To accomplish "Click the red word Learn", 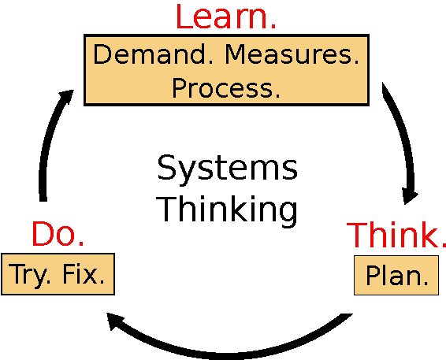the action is (x=226, y=17).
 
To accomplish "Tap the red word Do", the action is (x=58, y=234).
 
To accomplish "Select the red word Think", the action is (x=396, y=235).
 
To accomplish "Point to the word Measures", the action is (x=292, y=54).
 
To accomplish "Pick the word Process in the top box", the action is (x=226, y=88).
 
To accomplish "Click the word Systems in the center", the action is (x=227, y=169).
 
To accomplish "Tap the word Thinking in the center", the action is (x=226, y=210).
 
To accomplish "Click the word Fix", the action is (x=84, y=274).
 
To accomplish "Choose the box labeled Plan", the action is (x=396, y=275).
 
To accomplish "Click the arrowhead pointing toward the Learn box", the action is (x=66, y=97).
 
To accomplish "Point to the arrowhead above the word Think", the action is (x=410, y=195).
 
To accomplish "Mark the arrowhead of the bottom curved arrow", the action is (x=114, y=321).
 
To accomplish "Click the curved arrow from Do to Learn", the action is (x=47, y=141).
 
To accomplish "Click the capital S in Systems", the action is (x=166, y=168).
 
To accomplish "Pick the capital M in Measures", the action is (x=236, y=54).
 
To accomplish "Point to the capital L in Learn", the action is (x=184, y=17).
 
